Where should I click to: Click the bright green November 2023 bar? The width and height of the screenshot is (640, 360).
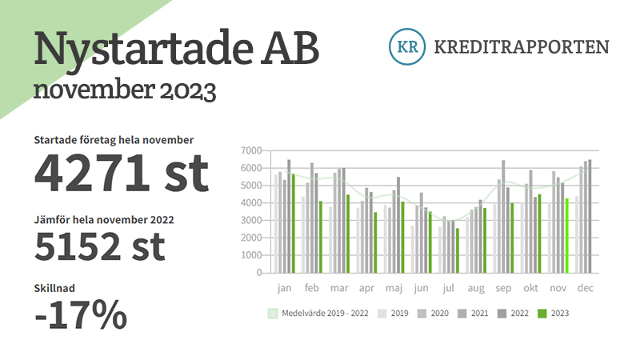click(566, 235)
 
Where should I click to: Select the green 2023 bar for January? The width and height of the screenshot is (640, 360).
click(293, 223)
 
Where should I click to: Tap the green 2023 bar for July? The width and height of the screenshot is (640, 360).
click(457, 250)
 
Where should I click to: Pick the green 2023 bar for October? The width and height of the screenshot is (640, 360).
click(539, 234)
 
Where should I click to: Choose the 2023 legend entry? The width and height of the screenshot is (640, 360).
click(553, 314)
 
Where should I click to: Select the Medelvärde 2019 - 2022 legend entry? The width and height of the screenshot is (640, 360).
click(318, 314)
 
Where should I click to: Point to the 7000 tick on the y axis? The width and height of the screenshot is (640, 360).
click(251, 150)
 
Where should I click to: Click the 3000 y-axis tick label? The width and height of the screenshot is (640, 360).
click(251, 221)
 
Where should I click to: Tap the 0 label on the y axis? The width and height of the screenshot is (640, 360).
click(258, 273)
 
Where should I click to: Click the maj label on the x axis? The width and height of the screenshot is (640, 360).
click(394, 288)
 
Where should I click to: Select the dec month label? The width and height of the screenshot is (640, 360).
click(586, 288)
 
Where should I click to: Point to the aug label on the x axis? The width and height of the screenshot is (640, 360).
click(476, 289)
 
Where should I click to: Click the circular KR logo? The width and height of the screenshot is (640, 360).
click(407, 46)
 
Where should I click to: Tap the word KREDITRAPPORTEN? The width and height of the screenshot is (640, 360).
click(522, 47)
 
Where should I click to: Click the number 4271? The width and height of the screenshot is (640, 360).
click(92, 173)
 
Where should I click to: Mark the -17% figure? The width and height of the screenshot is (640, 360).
click(81, 314)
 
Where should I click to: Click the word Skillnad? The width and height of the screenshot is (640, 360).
click(54, 288)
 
